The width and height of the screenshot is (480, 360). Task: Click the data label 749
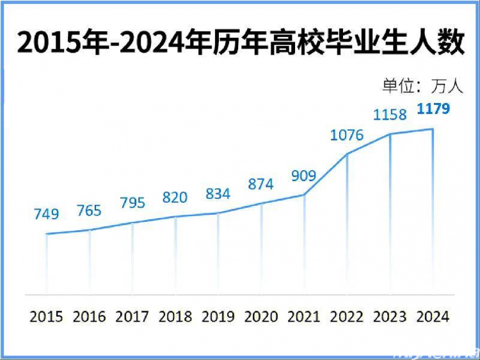pos(46,214)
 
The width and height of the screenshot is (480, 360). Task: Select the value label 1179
pos(433,109)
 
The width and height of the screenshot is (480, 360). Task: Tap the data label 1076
pos(347,135)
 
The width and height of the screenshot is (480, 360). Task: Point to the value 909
pos(304,175)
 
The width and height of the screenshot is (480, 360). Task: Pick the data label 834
pos(218,194)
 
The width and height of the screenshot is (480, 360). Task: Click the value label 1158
pos(390,114)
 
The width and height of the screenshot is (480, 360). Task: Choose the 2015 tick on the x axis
pos(46,317)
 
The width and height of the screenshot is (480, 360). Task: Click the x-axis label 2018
pos(175,317)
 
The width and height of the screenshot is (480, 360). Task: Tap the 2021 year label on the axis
pos(304,317)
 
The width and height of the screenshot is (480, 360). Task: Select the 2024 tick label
pos(433,317)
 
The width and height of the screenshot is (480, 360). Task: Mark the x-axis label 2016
pos(89,317)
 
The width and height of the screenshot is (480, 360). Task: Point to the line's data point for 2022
pos(347,154)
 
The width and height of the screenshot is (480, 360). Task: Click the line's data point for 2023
pos(390,134)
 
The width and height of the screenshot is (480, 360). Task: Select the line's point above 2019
pos(218,213)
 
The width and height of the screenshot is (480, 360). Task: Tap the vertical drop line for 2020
pos(261,249)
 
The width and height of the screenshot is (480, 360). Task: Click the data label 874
pos(260,184)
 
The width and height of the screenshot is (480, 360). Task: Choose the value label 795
pos(132,203)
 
